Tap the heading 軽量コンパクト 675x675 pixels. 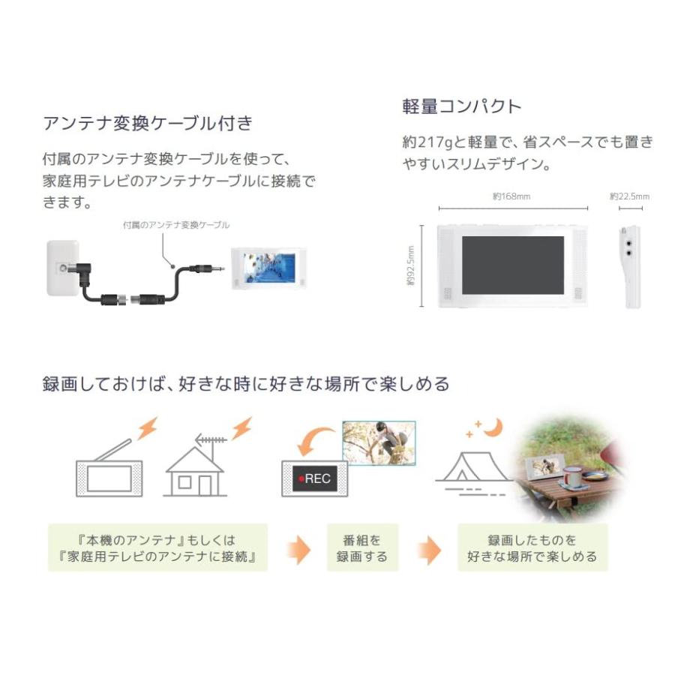[461, 106]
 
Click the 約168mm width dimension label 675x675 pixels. [511, 196]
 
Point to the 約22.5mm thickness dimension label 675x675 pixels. [629, 196]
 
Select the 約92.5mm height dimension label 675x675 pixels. [411, 266]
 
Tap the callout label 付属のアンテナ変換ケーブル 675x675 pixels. [176, 224]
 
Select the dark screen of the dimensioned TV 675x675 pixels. [512, 265]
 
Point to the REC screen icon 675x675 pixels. [315, 478]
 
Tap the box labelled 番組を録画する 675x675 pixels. [362, 548]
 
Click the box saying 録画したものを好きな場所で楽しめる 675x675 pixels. [532, 548]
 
